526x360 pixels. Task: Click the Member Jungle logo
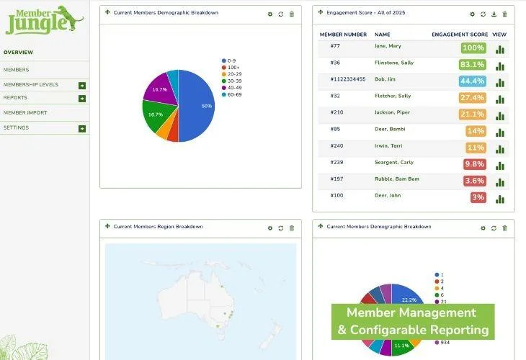click(x=44, y=19)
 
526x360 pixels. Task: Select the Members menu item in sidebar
click(x=17, y=70)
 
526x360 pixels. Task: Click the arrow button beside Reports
click(x=82, y=98)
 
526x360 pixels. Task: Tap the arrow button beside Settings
click(x=82, y=128)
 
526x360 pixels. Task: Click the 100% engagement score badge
click(x=473, y=48)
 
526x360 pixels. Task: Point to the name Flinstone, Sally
click(x=393, y=63)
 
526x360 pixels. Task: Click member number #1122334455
click(x=348, y=79)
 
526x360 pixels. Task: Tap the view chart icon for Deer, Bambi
click(x=500, y=132)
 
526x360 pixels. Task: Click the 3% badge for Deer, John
click(x=478, y=197)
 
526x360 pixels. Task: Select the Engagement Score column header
click(x=460, y=35)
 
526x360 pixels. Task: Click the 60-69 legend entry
click(x=235, y=94)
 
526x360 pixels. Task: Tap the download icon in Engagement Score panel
click(x=494, y=14)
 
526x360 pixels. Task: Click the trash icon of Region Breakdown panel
click(x=292, y=228)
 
